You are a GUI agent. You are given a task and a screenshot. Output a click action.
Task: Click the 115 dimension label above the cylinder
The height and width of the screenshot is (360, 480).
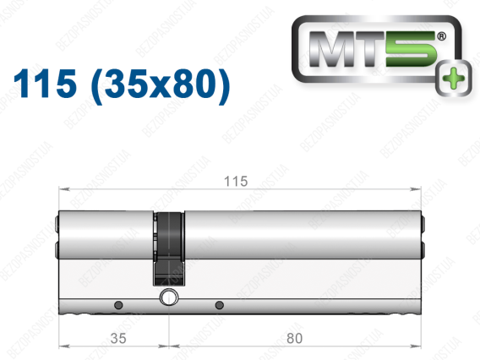point(236,182)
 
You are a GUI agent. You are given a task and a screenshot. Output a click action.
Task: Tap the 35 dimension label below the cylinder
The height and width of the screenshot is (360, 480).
point(118,338)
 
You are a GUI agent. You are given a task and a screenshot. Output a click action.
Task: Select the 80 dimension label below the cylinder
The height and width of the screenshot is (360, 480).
point(294,338)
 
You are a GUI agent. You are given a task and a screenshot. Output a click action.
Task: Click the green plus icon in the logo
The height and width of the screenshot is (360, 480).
point(454,78)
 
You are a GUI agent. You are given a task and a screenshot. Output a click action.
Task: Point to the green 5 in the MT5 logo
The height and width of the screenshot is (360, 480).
point(410,49)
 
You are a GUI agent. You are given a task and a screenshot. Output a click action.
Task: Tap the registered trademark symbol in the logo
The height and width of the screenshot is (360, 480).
point(441,36)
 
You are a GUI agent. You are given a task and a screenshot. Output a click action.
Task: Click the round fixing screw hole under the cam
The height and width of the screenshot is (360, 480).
point(169,297)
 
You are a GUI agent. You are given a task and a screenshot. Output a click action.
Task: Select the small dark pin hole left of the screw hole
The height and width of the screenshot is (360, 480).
point(118,305)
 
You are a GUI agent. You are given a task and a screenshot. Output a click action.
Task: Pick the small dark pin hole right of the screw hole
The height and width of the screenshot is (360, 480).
point(219,305)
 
